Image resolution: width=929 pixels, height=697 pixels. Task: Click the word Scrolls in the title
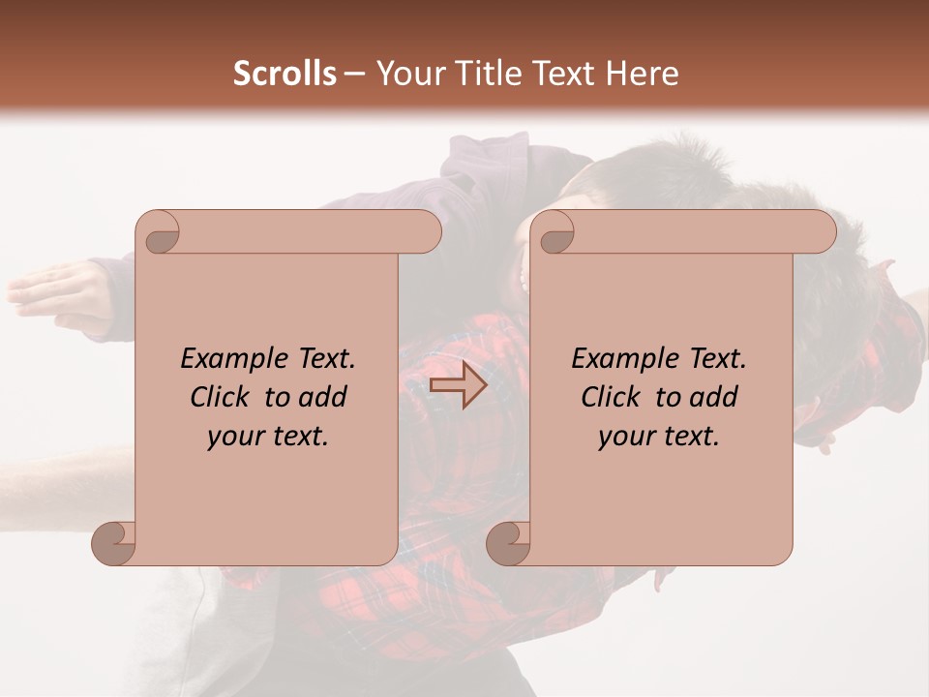(285, 74)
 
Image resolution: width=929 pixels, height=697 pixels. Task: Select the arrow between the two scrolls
(458, 385)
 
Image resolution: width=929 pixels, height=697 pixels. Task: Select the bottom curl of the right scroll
(507, 542)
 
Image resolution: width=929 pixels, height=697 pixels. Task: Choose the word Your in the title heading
(405, 74)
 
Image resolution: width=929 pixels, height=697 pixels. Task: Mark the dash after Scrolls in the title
(354, 74)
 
